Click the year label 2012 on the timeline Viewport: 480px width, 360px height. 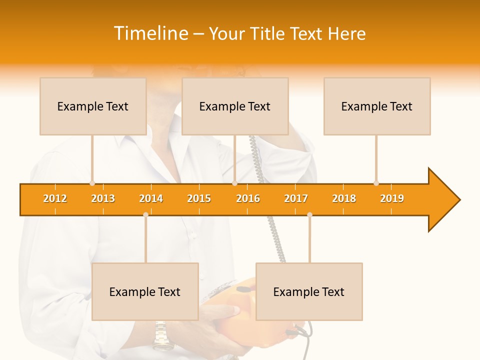click(x=55, y=198)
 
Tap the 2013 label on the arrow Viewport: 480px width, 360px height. click(x=103, y=198)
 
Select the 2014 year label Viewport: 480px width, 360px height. click(x=151, y=198)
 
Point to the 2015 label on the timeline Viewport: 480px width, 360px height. click(x=199, y=198)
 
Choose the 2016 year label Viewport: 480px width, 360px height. click(x=248, y=198)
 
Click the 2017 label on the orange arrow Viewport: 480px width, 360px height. click(x=296, y=198)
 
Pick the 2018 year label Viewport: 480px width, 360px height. click(x=344, y=198)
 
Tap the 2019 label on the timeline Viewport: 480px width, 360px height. click(x=392, y=198)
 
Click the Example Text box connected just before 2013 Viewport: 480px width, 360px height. click(x=93, y=106)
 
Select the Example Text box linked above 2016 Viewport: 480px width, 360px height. click(x=235, y=106)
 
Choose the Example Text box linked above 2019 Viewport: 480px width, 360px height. click(x=377, y=106)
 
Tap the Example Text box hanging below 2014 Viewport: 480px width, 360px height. click(x=145, y=291)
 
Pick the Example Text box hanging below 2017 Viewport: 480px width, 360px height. click(x=309, y=291)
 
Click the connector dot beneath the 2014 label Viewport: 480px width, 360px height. click(x=145, y=215)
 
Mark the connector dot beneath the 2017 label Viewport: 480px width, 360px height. click(x=309, y=215)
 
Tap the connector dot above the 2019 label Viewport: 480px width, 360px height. click(x=376, y=183)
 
